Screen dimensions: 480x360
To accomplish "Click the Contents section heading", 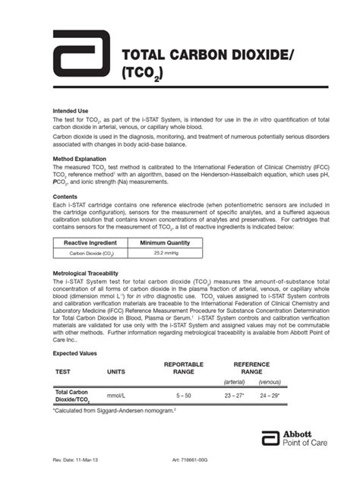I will [x=66, y=196].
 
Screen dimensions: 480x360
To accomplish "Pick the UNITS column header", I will [x=115, y=372].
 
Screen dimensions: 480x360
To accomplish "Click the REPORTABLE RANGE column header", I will [x=183, y=368].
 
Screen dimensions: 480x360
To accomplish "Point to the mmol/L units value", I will [x=115, y=396].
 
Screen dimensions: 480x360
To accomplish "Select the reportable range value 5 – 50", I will [x=183, y=396].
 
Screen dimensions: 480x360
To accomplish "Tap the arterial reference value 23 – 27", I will [x=233, y=396].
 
